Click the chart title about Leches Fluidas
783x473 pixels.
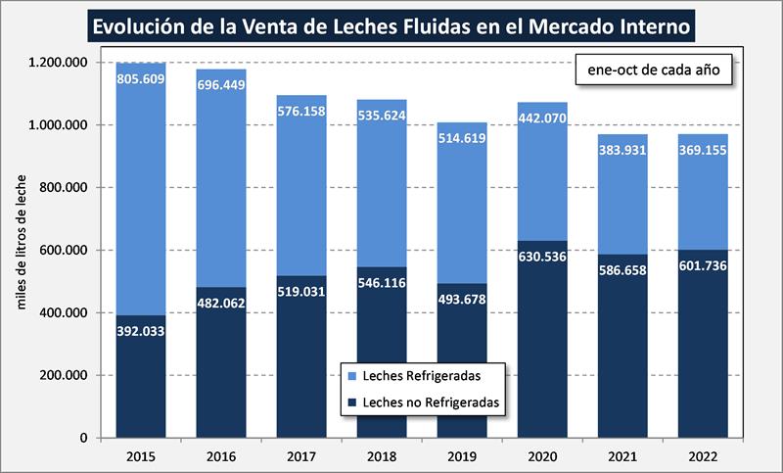coord(391,24)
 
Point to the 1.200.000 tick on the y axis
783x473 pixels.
coord(61,63)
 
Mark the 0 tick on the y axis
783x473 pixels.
coord(85,438)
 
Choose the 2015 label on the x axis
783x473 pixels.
coord(141,456)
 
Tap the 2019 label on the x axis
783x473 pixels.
coord(462,456)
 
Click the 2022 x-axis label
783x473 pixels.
coord(703,456)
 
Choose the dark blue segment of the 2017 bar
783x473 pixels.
coord(301,372)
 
